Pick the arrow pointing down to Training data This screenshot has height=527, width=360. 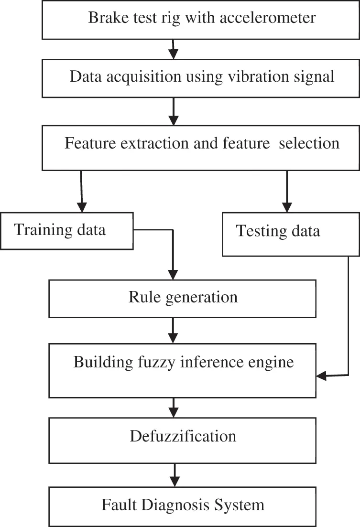pyautogui.click(x=82, y=191)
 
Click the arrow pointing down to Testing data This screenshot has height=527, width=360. pyautogui.click(x=287, y=191)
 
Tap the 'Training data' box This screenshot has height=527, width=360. pyautogui.click(x=66, y=231)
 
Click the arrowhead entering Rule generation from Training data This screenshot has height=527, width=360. pyautogui.click(x=173, y=274)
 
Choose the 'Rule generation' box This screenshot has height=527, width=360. pyautogui.click(x=182, y=298)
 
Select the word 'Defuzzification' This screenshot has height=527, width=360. pyautogui.click(x=182, y=436)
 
